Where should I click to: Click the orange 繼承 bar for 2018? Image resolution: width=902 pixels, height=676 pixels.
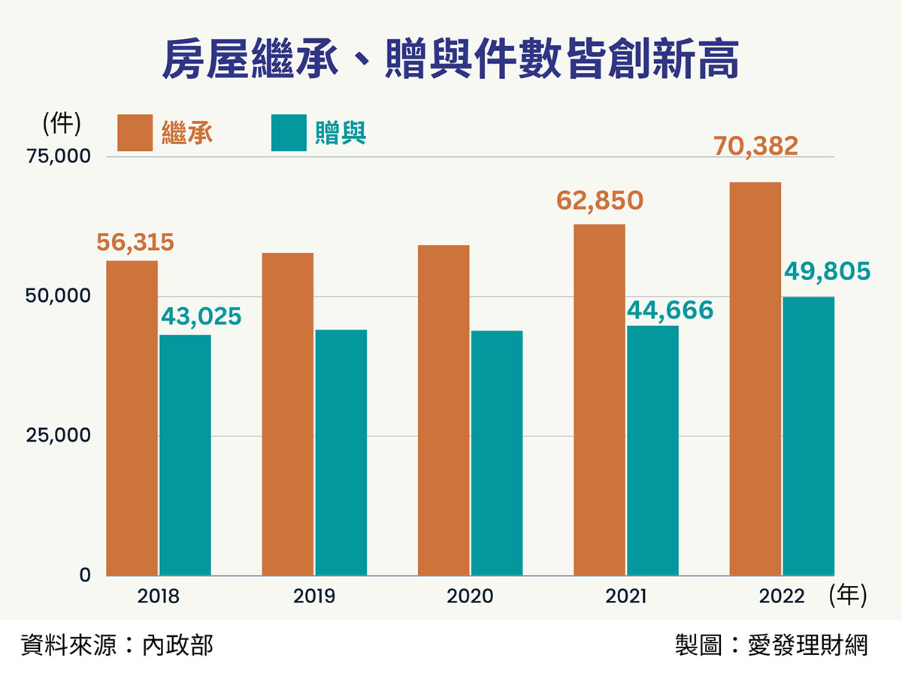[x=132, y=418]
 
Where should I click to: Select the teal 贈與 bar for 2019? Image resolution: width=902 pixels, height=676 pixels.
[x=341, y=452]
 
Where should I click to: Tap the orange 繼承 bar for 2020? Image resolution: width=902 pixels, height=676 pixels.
[x=443, y=410]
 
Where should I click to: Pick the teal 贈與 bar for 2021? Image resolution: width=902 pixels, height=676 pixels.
[x=652, y=451]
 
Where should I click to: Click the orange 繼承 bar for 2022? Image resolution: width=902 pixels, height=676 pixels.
[x=755, y=379]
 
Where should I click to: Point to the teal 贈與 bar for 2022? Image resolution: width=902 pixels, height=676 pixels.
[x=808, y=436]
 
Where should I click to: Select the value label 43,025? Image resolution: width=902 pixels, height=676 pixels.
[x=201, y=316]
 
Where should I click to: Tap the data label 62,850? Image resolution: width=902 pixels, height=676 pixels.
[x=599, y=201]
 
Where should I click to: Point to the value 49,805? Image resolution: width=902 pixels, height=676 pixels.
[x=826, y=270]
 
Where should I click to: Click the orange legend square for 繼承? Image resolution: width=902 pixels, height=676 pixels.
[x=135, y=133]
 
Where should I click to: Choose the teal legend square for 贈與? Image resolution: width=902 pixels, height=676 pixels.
[x=289, y=133]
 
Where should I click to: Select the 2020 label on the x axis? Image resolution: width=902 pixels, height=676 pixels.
[x=470, y=597]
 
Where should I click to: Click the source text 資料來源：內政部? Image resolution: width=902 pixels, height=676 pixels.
[x=117, y=645]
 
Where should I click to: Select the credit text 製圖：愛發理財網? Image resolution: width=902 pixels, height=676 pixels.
[x=771, y=645]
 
